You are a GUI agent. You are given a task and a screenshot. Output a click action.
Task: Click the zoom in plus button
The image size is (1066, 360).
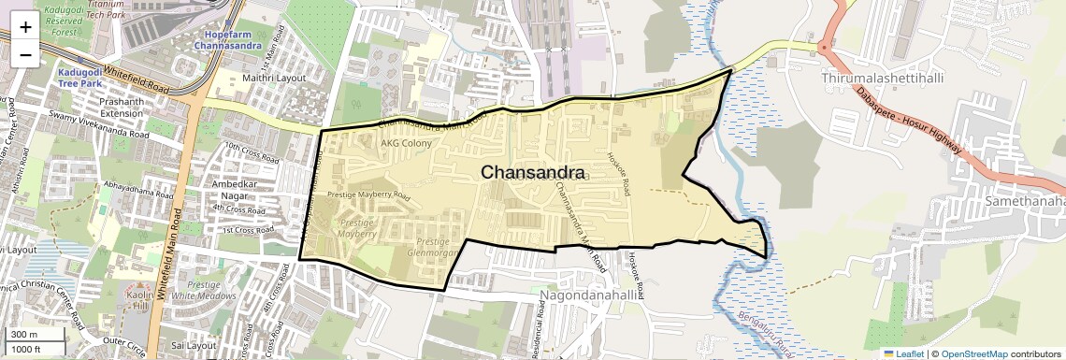pyautogui.click(x=25, y=26)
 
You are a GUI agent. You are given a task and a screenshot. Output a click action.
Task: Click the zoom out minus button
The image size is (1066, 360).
pyautogui.click(x=25, y=54)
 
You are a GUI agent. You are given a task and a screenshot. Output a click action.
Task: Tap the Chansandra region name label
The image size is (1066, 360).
pyautogui.click(x=533, y=173)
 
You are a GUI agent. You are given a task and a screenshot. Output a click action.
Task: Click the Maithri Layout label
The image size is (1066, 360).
pyautogui.click(x=274, y=78)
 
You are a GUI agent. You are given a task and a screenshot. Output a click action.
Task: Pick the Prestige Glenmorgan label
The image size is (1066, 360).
pyautogui.click(x=434, y=248)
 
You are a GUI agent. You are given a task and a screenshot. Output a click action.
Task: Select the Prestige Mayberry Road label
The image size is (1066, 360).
pyautogui.click(x=368, y=196)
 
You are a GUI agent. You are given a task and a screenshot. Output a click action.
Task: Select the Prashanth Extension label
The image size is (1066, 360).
pyautogui.click(x=122, y=107)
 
